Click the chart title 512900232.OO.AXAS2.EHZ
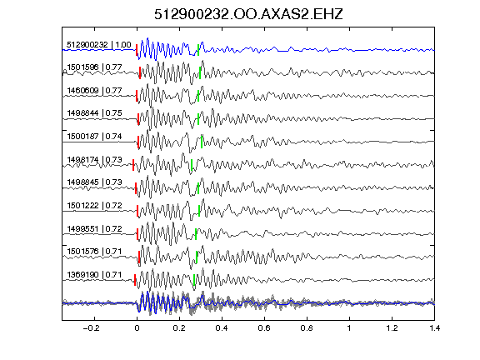coord(248,14)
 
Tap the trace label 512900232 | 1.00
coord(99,45)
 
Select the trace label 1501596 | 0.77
coord(94,67)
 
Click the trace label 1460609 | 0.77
coord(94,91)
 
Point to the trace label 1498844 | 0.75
coord(94,113)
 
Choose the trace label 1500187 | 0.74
coord(94,137)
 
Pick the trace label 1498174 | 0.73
coord(94,160)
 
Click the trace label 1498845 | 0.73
coord(94,182)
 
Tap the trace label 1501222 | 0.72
coord(94,205)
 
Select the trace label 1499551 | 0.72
coord(94,229)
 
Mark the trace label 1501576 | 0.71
coord(94,252)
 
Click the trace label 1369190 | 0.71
coord(94,275)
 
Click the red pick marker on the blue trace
coord(137,50)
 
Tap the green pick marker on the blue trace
coord(198,50)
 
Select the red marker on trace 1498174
coord(133,165)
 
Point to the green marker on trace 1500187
coord(202,142)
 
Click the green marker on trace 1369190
coord(194,280)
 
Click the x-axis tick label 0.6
coord(264,328)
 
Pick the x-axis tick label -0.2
coord(91,328)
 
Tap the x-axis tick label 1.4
coord(434,328)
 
